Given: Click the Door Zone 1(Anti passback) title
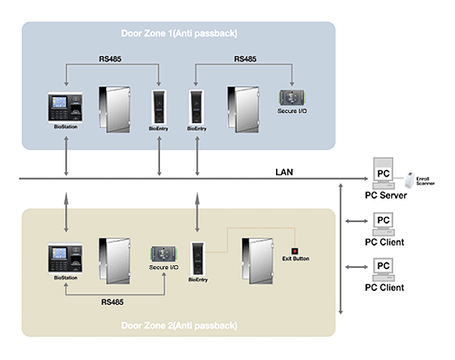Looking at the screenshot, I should pyautogui.click(x=178, y=33).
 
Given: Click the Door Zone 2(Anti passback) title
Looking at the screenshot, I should pyautogui.click(x=178, y=326).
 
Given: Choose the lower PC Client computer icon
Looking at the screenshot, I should pyautogui.click(x=384, y=268).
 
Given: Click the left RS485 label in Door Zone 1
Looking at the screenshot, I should pyautogui.click(x=115, y=58).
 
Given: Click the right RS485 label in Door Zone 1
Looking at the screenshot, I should pyautogui.click(x=246, y=58).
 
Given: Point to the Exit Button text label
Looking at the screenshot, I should pyautogui.click(x=297, y=259).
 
